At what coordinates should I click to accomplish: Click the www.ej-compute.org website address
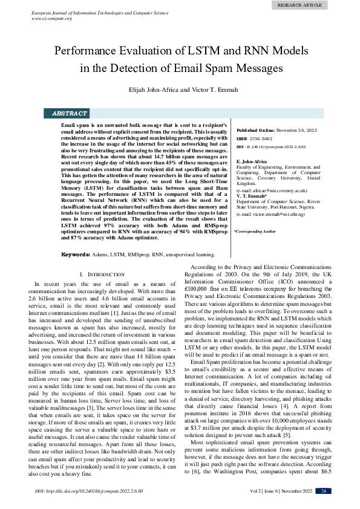(51, 18)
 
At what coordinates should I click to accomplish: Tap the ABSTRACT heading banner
(70, 113)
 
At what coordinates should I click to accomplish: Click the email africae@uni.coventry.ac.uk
(270, 190)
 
